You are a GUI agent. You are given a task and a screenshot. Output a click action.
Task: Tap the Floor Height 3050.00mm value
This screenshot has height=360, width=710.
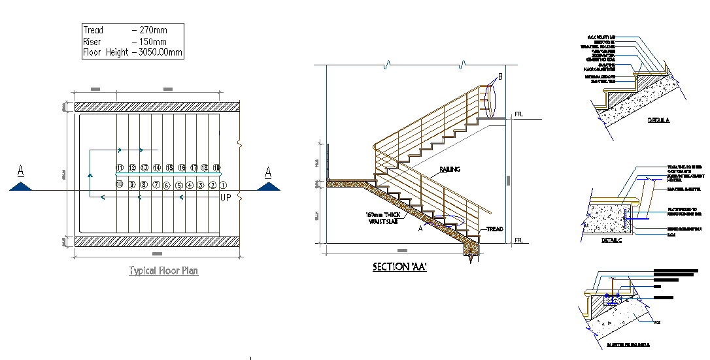point(159,53)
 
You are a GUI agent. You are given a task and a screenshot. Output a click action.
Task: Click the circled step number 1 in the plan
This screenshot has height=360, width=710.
point(223,185)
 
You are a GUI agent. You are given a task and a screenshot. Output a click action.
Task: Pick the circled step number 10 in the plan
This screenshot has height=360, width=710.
point(120,185)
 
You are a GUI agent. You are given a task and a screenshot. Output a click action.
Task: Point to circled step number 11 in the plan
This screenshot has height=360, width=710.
point(120,168)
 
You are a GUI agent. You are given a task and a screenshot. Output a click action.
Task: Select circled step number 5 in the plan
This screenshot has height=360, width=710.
point(178,186)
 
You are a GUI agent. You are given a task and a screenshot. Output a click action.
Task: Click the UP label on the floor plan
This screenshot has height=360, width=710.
point(226,197)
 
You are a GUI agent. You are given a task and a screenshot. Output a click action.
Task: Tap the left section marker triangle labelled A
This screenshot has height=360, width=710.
point(22,186)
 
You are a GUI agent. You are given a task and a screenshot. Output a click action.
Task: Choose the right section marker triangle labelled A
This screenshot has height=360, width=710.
point(268,186)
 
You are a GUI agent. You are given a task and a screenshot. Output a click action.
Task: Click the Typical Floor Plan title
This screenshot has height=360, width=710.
point(163,270)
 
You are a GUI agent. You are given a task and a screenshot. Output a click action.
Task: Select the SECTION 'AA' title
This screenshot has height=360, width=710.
point(399,267)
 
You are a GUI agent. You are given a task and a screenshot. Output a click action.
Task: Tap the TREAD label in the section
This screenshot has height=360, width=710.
point(494,229)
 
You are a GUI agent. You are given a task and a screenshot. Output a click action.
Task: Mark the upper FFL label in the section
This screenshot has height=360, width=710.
point(519,114)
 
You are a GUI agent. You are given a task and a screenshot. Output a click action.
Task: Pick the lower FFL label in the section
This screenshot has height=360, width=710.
point(519,240)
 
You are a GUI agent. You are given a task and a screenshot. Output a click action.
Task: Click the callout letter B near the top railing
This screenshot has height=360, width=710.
point(500,77)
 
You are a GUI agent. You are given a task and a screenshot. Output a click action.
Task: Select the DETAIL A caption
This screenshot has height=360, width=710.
point(659,120)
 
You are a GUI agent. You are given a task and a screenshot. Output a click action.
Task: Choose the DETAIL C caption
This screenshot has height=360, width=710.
point(612,240)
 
